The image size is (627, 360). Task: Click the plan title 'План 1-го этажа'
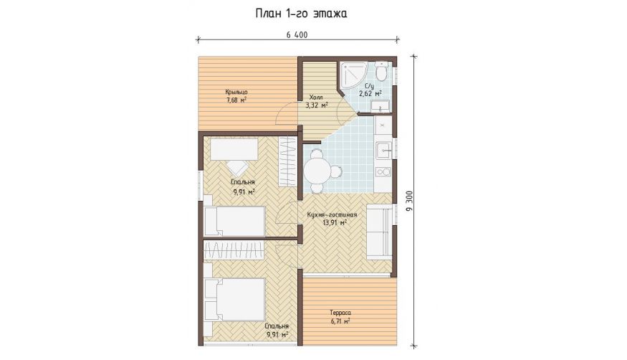pyautogui.click(x=301, y=14)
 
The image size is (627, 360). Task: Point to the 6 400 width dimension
pyautogui.click(x=297, y=35)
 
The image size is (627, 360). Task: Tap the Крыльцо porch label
pyautogui.click(x=236, y=92)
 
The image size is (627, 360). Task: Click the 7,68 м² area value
pyautogui.click(x=236, y=100)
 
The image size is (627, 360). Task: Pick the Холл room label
pyautogui.click(x=316, y=98)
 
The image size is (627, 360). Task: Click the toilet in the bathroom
pyautogui.click(x=382, y=72)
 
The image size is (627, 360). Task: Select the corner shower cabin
pyautogui.click(x=353, y=75)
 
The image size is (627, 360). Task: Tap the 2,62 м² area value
pyautogui.click(x=370, y=94)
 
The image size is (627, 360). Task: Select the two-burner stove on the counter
pyautogui.click(x=383, y=172)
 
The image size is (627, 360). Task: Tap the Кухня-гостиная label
pyautogui.click(x=332, y=215)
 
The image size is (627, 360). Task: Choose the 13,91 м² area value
pyautogui.click(x=335, y=223)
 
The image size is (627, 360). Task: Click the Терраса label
pyautogui.click(x=340, y=313)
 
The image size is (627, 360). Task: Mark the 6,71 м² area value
pyautogui.click(x=340, y=321)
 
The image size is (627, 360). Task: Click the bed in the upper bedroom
pyautogui.click(x=235, y=221)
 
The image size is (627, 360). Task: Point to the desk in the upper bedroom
pyautogui.click(x=234, y=149)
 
